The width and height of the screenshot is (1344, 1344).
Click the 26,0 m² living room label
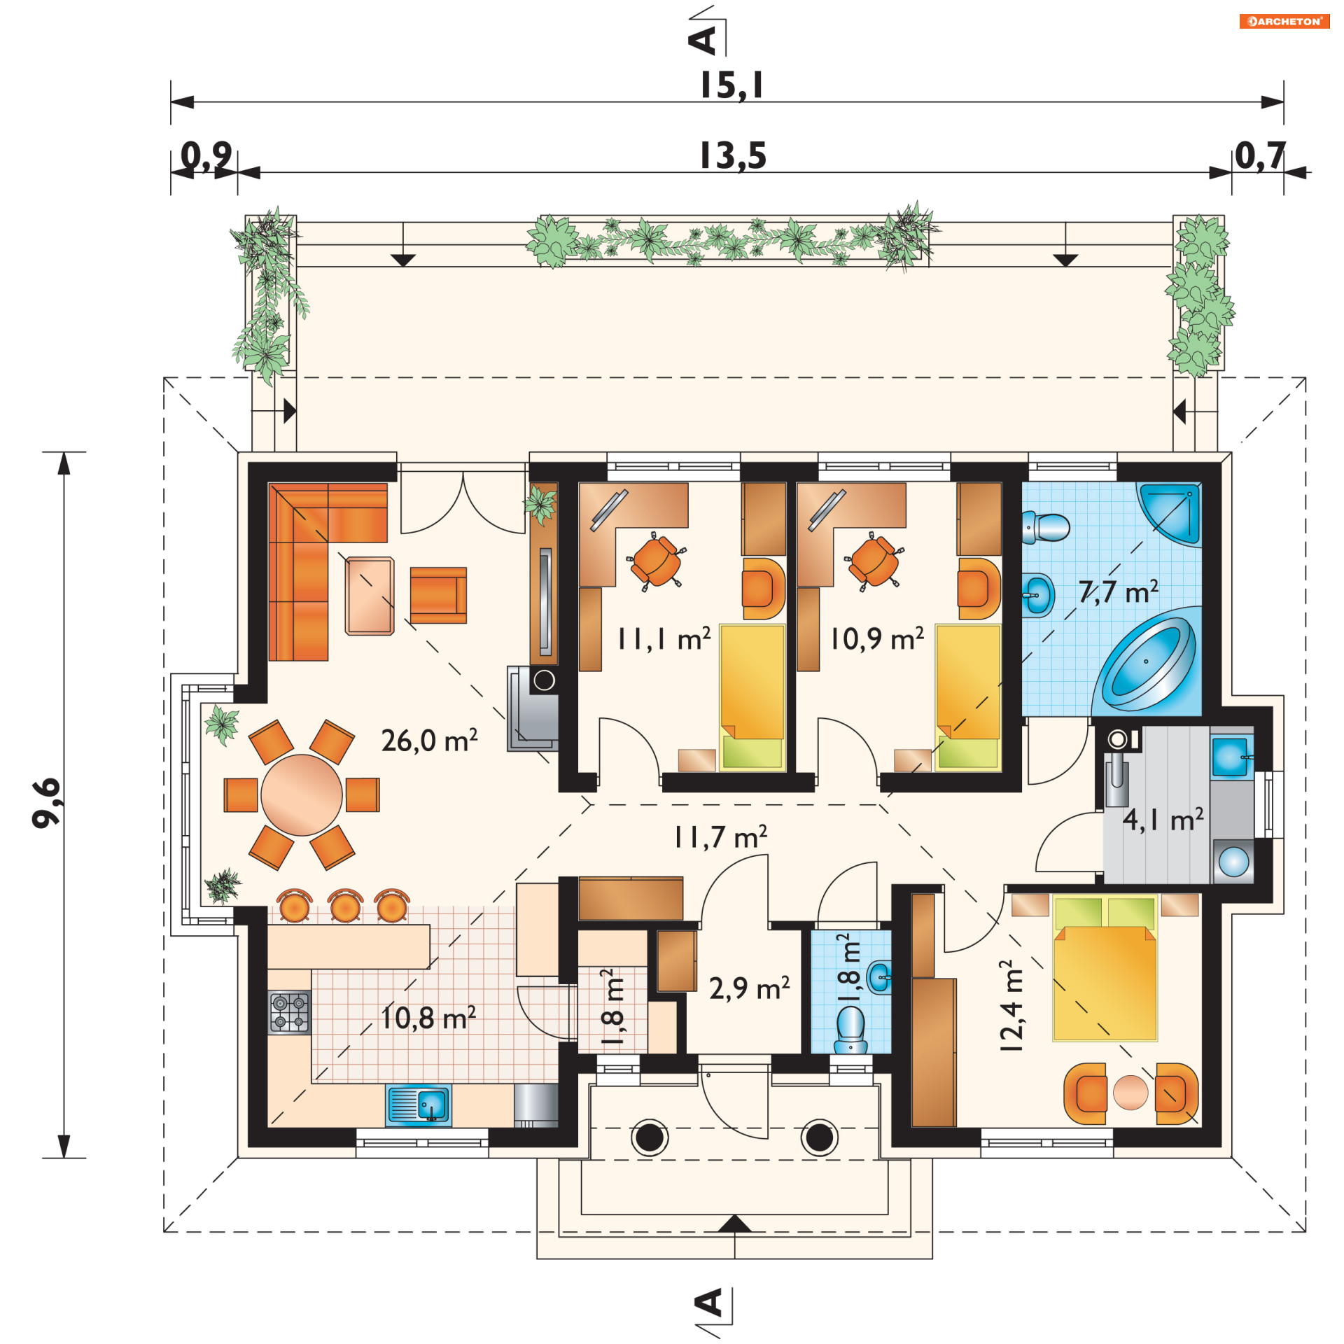point(429,741)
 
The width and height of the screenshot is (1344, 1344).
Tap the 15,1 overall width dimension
point(732,85)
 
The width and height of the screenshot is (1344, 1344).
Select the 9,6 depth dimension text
point(48,802)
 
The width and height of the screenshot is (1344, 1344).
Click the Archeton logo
point(1284,21)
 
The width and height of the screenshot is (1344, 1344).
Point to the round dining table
point(302,794)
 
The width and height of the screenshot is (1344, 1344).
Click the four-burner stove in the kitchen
point(289,1012)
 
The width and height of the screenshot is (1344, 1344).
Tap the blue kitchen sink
point(419,1105)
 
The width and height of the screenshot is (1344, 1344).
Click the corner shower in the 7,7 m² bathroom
point(1170,512)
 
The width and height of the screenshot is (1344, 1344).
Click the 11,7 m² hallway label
point(720,836)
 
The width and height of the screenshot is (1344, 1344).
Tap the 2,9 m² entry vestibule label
point(750,988)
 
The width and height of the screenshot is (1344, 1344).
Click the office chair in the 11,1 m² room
point(657,560)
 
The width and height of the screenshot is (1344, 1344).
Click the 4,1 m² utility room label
point(1163,820)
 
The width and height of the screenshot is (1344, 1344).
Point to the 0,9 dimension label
point(206,155)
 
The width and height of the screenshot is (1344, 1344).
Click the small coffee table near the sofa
point(370,596)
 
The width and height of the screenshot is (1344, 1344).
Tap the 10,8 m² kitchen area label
point(428,1018)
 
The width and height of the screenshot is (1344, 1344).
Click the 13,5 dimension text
point(734,155)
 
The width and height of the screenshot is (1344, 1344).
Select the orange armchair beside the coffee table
point(438,595)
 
